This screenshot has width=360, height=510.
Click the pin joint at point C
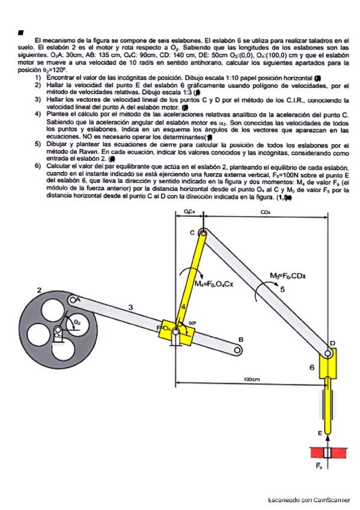202,233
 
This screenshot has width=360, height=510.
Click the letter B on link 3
241,340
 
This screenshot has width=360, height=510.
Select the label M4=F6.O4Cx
214,283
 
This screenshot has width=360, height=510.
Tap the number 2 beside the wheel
39,290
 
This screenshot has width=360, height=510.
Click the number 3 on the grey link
131,307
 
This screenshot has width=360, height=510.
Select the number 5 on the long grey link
283,289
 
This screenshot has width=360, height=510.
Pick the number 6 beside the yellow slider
312,366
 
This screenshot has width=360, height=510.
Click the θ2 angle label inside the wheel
77,322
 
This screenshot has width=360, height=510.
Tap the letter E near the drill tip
319,432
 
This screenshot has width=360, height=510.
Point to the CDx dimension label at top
265,212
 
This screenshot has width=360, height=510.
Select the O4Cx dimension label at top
188,212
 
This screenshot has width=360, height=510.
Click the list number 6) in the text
38,165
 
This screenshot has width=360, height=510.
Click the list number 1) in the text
38,79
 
